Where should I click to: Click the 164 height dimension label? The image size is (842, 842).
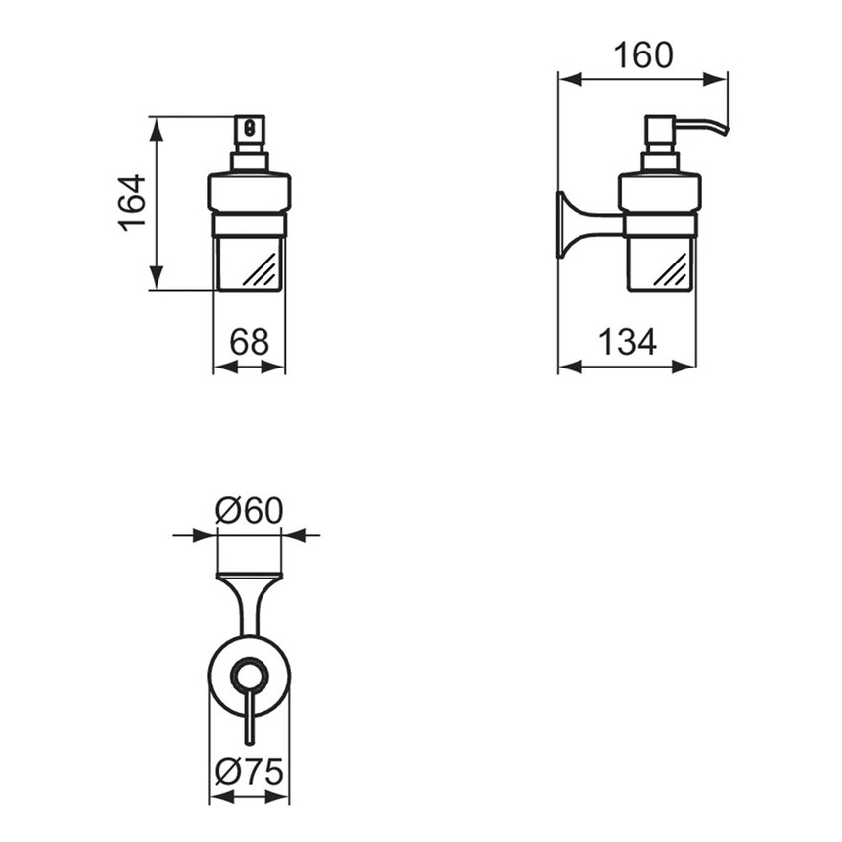pos(132,202)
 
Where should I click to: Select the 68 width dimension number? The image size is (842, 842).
pos(249,342)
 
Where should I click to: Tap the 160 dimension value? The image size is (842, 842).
pos(642,54)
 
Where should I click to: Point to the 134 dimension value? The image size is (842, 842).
pos(626,342)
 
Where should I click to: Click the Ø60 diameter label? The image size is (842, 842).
pos(249,511)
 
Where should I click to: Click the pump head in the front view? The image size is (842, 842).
pos(250,129)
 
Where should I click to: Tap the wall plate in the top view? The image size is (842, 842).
pos(249,576)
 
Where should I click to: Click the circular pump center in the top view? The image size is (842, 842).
pos(249,677)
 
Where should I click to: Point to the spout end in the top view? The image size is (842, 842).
pos(249,741)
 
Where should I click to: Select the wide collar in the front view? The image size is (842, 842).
pos(249,193)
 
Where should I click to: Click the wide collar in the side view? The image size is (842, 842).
pos(660,193)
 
